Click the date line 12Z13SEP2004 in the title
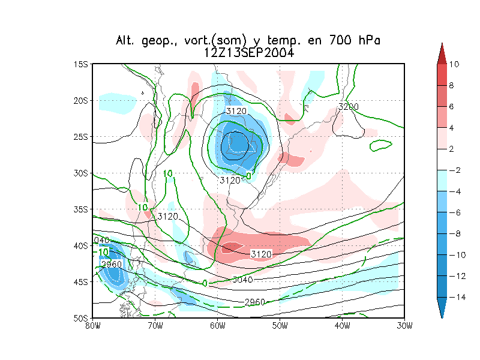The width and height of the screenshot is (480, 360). [248, 53]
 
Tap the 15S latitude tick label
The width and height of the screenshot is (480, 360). [81, 64]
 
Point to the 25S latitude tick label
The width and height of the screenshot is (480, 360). [81, 137]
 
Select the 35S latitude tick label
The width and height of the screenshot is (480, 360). [81, 209]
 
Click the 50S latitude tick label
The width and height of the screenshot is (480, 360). [81, 318]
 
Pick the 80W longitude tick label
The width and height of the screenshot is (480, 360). [92, 326]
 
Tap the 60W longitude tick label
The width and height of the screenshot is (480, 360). [217, 326]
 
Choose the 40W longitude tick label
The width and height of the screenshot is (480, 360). [342, 326]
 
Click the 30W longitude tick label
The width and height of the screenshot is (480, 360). [404, 326]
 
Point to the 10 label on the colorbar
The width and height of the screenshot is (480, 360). [454, 64]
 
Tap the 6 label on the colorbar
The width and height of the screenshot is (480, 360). [451, 106]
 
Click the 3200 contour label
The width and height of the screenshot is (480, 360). [348, 107]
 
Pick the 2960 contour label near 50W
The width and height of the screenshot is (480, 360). [255, 302]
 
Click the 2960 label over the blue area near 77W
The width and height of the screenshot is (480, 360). [112, 265]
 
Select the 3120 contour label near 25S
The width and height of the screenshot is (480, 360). [236, 111]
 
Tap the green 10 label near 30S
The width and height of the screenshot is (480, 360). [168, 174]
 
